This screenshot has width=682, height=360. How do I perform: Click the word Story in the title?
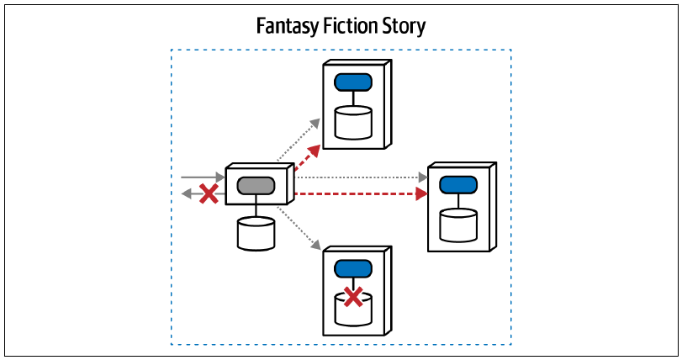404,26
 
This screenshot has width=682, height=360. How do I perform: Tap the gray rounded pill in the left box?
256,186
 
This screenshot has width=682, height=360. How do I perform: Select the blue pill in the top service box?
353,82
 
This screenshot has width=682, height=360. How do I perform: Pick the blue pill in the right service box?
458,185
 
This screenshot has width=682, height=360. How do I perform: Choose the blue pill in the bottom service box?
353,268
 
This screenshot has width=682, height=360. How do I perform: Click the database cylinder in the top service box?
353,123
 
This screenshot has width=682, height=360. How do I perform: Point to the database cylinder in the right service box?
458,225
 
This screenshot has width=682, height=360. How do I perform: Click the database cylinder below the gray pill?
256,234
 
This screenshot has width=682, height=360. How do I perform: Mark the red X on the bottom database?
353,297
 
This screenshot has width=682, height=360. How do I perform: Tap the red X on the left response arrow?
209,193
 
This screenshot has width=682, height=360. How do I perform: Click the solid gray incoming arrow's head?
220,177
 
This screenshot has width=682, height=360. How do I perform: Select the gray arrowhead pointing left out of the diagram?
186,193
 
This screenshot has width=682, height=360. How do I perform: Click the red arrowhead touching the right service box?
421,193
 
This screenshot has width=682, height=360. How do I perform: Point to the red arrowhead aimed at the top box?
315,151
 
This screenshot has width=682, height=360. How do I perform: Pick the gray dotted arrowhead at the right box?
423,177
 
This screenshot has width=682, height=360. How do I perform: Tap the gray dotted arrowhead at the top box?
315,123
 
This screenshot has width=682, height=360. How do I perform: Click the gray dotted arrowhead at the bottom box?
316,246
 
